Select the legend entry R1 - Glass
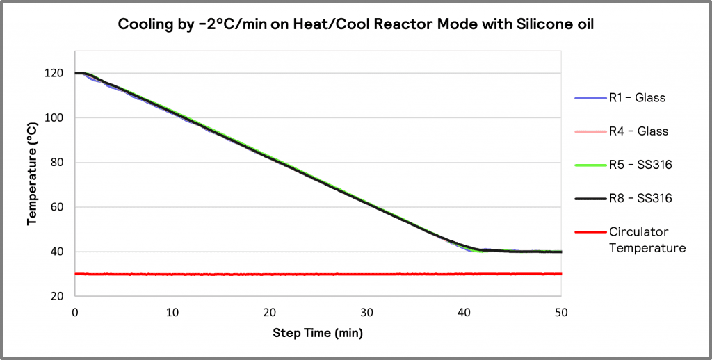coord(637,98)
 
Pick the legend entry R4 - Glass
coord(637,131)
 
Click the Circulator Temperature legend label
coord(647,240)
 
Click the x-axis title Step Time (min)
coord(317,333)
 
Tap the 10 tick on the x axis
coord(172,312)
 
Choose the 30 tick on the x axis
coord(366,312)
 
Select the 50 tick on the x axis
coord(560,312)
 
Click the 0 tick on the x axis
coord(75,312)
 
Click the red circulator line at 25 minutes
coord(318,274)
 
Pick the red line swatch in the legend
coord(590,232)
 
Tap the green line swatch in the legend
coord(590,165)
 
